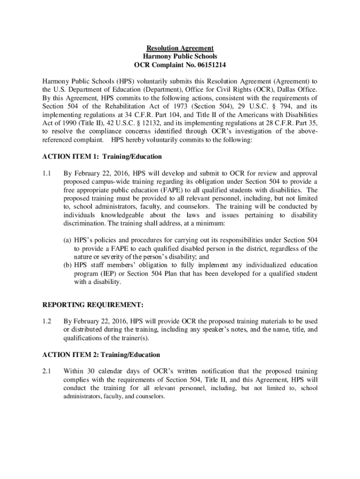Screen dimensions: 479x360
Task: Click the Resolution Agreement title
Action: (180, 48)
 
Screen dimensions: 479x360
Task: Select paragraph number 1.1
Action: (46, 173)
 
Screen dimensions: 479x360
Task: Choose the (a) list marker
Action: (68, 240)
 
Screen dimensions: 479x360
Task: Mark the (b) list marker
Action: (68, 266)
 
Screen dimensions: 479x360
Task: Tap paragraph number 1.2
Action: (46, 321)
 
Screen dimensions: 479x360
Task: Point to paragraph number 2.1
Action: (46, 371)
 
